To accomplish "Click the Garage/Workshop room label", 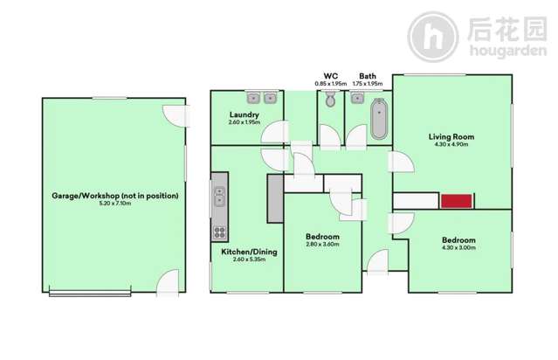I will (x=114, y=196).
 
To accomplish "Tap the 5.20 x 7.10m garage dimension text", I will (x=114, y=204).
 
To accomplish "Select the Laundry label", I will (x=245, y=114).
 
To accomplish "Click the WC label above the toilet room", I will (x=331, y=75).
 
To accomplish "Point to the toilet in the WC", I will (x=330, y=101).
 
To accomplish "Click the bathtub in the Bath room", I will (x=379, y=120).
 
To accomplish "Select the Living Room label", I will (x=451, y=136).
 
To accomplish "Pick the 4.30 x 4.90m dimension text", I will (x=451, y=145).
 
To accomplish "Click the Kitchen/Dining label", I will (x=249, y=252).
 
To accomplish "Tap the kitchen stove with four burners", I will (x=219, y=232).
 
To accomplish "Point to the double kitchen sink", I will (x=219, y=197).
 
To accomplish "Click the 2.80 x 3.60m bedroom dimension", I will (x=322, y=246).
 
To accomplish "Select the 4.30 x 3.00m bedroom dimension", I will (x=458, y=248).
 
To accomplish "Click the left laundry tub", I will (x=254, y=98).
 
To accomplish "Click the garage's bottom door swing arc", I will (x=167, y=281).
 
